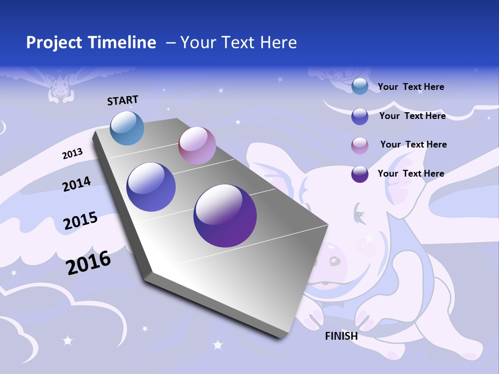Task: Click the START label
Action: [x=123, y=100]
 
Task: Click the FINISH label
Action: [x=342, y=336]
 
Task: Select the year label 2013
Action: [x=73, y=153]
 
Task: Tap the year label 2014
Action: [x=77, y=184]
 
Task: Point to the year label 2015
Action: [x=81, y=221]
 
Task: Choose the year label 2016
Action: [x=88, y=262]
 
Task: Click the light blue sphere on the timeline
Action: [x=127, y=128]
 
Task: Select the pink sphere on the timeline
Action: [x=197, y=145]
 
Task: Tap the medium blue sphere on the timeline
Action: [x=151, y=187]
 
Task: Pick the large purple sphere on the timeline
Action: [x=225, y=216]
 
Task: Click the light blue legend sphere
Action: [x=360, y=87]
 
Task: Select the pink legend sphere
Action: [x=360, y=145]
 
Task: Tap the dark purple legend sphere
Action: [x=360, y=174]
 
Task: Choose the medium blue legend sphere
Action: [x=360, y=116]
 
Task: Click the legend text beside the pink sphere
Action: [x=413, y=144]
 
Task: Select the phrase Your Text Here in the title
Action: [x=239, y=43]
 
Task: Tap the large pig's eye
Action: [x=358, y=211]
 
